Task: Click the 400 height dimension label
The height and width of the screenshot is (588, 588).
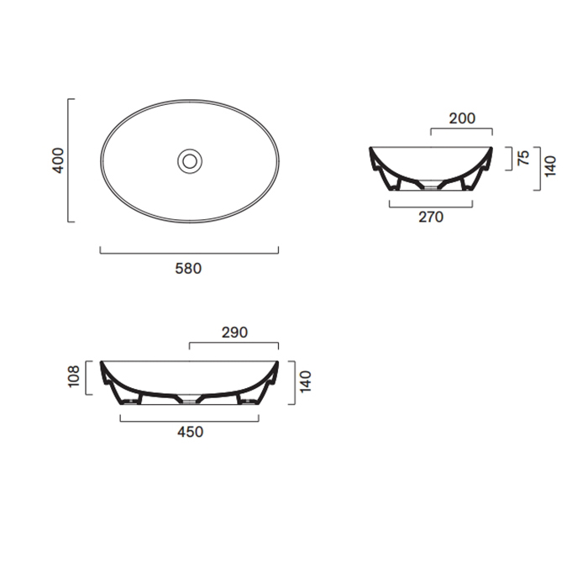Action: (58, 160)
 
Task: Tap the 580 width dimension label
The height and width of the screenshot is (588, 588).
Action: (188, 269)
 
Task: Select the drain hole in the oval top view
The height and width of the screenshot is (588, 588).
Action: (190, 161)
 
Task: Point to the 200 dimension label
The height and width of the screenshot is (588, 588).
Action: (462, 118)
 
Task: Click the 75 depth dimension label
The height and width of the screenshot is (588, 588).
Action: (523, 158)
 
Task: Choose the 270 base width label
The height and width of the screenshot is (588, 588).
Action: (431, 217)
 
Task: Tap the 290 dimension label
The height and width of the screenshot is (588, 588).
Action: (234, 333)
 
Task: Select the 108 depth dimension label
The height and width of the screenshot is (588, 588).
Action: (74, 376)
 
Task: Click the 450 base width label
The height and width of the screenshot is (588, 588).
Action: (190, 432)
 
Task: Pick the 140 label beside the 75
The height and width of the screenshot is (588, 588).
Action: (550, 166)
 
